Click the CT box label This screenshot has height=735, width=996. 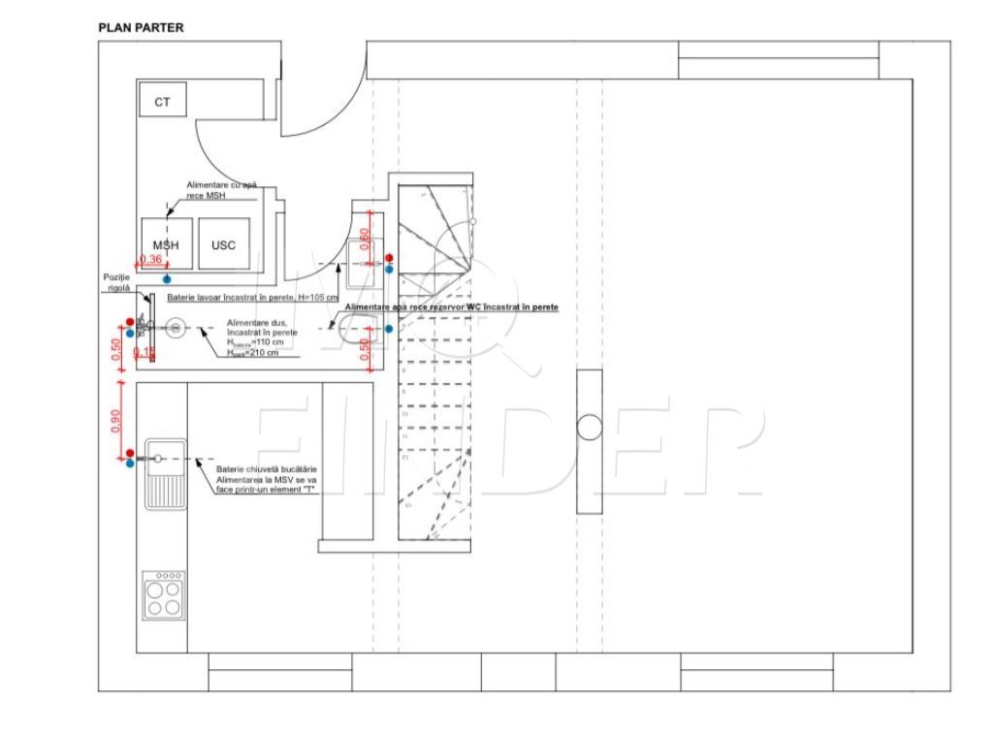tap(162, 101)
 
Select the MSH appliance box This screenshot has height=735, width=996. tap(166, 244)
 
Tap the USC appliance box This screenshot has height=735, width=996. tap(223, 244)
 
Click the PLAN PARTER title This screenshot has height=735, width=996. tap(141, 28)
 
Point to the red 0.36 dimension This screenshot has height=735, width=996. tap(151, 259)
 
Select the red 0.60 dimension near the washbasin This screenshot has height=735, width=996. tap(365, 236)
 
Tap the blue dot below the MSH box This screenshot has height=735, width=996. tap(167, 277)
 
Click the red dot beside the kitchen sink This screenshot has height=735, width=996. tap(130, 453)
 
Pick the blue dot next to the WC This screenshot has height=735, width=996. tap(389, 329)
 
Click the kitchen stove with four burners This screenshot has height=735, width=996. tap(163, 595)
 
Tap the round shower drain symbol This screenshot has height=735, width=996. tap(175, 329)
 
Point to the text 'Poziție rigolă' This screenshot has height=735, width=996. tap(116, 282)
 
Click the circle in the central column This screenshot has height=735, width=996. tap(590, 428)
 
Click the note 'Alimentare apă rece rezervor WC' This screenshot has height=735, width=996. tap(451, 306)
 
